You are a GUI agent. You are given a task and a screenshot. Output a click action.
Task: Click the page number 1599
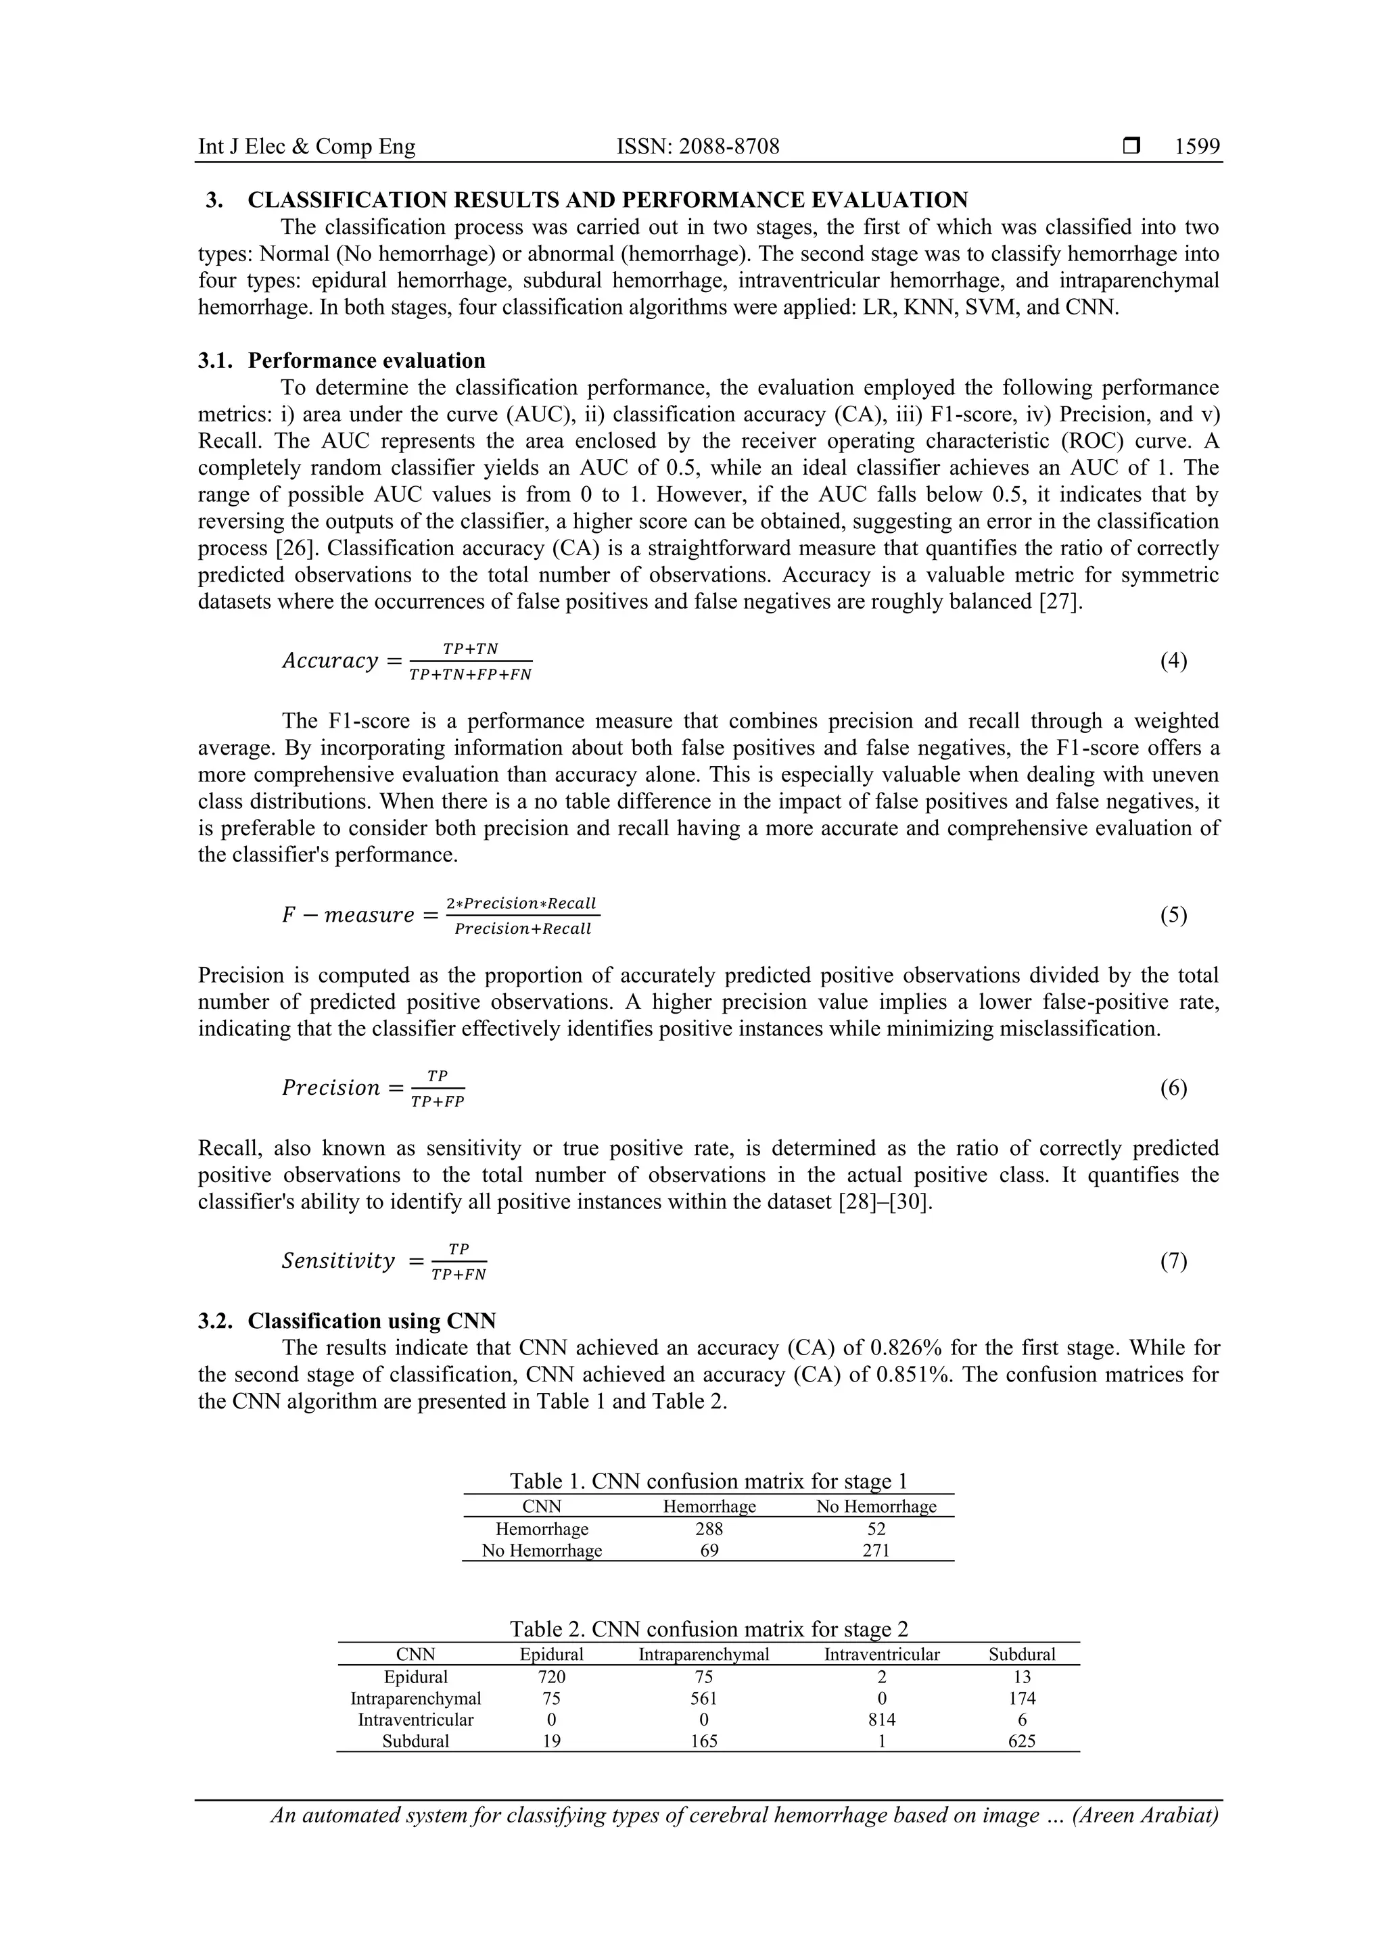click(1196, 147)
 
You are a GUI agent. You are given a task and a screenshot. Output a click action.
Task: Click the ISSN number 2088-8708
click(728, 147)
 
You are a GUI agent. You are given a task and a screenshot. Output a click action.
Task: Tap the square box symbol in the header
click(1131, 147)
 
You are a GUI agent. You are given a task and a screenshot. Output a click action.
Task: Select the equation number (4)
click(1173, 661)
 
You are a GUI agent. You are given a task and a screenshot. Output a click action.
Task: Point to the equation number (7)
click(1173, 1260)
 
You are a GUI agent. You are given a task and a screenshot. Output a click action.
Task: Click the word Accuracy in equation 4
click(329, 661)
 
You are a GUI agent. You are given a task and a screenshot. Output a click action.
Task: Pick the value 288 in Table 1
click(709, 1529)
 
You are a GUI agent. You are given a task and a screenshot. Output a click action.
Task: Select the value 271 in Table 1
click(876, 1551)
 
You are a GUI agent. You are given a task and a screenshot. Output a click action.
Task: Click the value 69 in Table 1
click(709, 1551)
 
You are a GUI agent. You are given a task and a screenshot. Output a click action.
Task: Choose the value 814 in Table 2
click(882, 1719)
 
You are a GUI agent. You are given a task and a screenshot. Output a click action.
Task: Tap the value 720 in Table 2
click(551, 1676)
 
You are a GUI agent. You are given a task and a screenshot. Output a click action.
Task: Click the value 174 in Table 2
click(1021, 1698)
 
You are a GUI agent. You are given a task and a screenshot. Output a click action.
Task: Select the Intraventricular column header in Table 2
click(882, 1655)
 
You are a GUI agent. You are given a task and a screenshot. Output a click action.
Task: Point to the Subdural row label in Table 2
click(416, 1741)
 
